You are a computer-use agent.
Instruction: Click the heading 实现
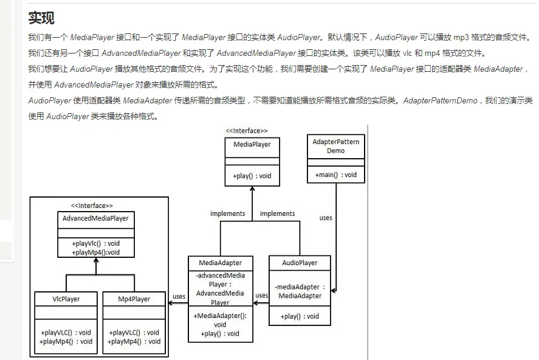click(x=41, y=18)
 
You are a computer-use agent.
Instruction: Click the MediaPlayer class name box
click(x=252, y=144)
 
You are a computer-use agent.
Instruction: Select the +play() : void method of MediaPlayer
click(x=252, y=176)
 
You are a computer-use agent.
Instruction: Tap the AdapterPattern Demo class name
click(x=335, y=146)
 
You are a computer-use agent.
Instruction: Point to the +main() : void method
click(x=335, y=175)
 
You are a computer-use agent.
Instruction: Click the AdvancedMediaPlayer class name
click(x=95, y=218)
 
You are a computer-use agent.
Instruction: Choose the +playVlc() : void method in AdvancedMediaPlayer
click(x=95, y=243)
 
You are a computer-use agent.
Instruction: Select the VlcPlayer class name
click(x=66, y=299)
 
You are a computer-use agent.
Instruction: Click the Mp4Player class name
click(x=134, y=299)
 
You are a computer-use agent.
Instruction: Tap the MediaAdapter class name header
click(x=220, y=263)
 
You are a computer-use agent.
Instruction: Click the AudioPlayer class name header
click(x=300, y=263)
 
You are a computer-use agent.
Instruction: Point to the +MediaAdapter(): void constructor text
click(x=220, y=320)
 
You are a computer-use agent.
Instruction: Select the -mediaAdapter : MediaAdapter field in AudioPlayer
click(x=300, y=291)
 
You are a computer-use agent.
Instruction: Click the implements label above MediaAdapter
click(x=227, y=213)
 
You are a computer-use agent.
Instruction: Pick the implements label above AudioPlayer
click(x=277, y=213)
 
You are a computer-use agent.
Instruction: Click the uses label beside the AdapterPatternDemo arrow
click(x=326, y=217)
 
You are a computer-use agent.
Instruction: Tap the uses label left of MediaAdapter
click(x=179, y=297)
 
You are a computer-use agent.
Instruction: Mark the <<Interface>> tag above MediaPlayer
click(x=246, y=131)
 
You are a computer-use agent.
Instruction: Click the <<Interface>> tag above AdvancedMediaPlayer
click(x=92, y=206)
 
